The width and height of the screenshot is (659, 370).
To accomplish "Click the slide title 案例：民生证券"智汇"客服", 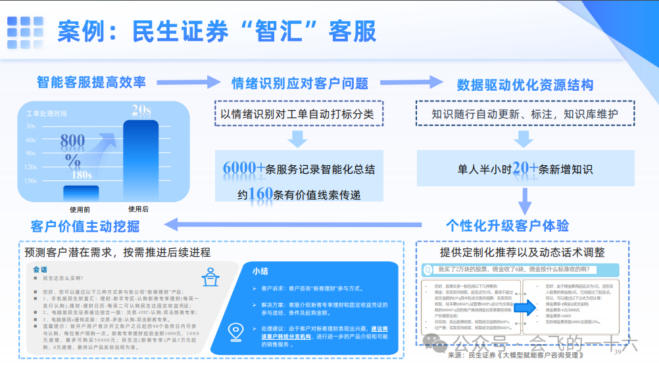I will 216,31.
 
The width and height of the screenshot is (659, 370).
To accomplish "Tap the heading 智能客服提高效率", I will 91,82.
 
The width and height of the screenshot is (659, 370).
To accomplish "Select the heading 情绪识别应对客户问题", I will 299,84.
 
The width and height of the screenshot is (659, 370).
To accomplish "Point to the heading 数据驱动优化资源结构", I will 525,85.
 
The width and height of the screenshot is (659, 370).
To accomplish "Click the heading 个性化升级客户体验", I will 507,226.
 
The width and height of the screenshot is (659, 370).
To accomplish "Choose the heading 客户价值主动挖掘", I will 85,226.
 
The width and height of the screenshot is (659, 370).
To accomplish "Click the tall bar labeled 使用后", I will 140,160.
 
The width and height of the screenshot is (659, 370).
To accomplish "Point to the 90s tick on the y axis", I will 31,153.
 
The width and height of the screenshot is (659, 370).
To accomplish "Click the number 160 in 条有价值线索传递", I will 261,194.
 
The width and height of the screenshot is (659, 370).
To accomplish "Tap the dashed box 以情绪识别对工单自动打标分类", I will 299,114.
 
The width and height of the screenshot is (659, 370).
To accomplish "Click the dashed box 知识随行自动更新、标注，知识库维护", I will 525,114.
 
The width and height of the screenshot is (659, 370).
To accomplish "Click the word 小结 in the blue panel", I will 262,271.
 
